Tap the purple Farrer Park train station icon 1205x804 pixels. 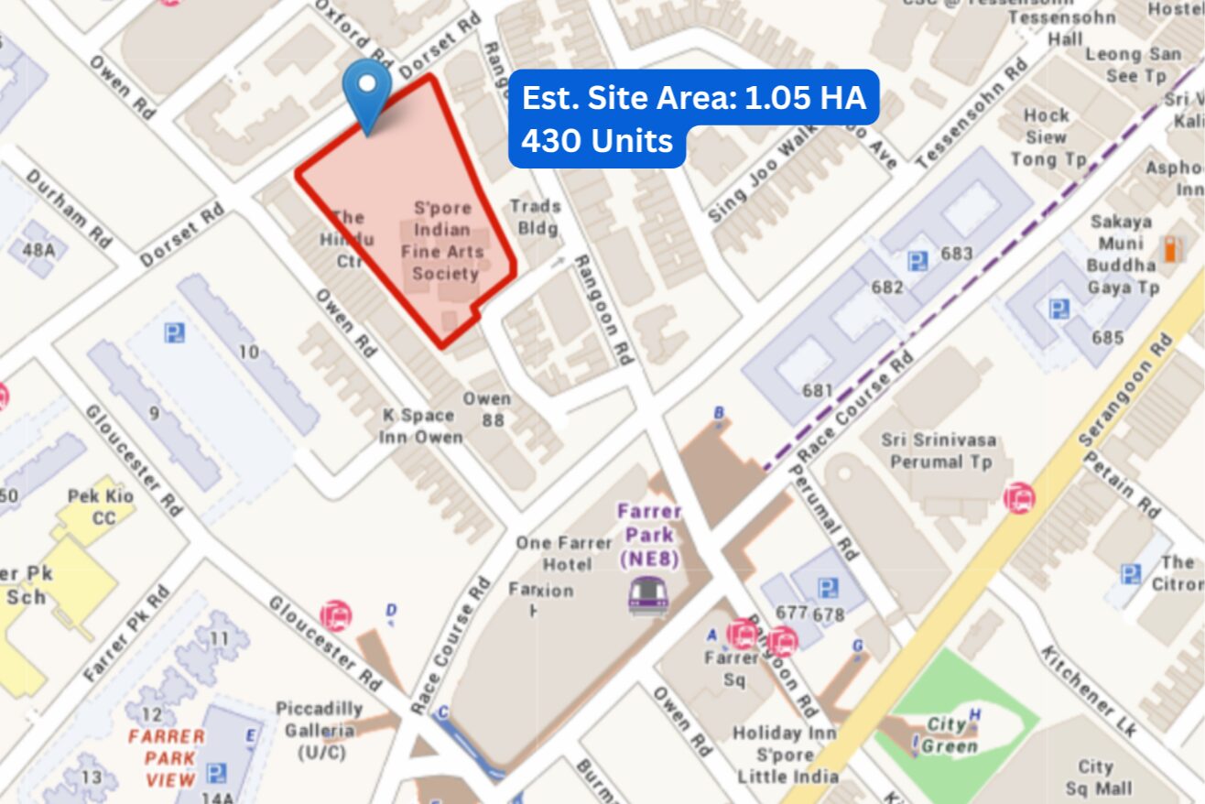(x=647, y=596)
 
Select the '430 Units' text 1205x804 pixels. (x=597, y=142)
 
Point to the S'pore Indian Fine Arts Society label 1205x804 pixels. (x=446, y=241)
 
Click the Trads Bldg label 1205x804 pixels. (x=535, y=217)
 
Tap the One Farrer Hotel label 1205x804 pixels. (x=563, y=553)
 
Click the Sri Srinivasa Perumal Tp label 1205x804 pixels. (x=939, y=451)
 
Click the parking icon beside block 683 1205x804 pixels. (x=917, y=261)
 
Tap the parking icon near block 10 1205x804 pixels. (x=175, y=332)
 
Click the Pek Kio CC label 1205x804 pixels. (x=101, y=507)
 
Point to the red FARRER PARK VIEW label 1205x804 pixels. (x=167, y=758)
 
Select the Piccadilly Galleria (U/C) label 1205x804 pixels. (x=320, y=730)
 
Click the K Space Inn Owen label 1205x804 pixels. (x=421, y=427)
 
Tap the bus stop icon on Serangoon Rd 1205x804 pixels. (x=1018, y=497)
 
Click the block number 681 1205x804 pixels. (x=817, y=391)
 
